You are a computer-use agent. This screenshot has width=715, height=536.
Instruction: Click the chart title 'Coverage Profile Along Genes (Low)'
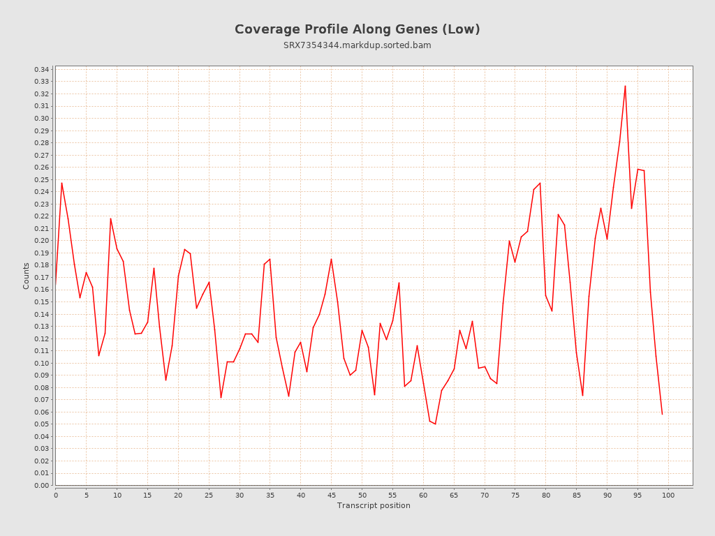tap(357, 29)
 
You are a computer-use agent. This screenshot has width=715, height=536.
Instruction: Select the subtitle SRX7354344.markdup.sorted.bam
tap(357, 45)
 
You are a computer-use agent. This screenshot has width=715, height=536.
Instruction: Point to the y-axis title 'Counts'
tap(27, 276)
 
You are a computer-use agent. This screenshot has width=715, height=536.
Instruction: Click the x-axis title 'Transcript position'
tap(374, 505)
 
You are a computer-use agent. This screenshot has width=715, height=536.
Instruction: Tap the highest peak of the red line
tap(625, 86)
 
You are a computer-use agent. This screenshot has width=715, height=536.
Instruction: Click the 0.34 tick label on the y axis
tap(42, 69)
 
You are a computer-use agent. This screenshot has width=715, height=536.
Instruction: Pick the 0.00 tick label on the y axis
tap(42, 485)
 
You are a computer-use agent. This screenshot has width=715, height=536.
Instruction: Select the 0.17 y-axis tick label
tap(42, 277)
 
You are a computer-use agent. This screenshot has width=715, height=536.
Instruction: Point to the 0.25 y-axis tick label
tap(42, 179)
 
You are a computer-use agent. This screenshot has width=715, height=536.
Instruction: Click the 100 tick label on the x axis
tap(668, 495)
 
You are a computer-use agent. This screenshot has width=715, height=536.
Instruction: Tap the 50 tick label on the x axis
tap(362, 495)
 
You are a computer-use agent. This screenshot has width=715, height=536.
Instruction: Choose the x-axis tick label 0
tap(56, 495)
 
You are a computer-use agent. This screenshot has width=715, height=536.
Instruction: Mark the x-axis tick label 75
tap(515, 495)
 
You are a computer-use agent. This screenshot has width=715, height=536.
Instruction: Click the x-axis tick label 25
tap(209, 495)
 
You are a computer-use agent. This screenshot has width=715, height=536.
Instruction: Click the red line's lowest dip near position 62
tap(435, 424)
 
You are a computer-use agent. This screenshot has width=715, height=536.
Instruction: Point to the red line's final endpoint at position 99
tap(662, 414)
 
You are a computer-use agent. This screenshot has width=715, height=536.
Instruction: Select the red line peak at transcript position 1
tap(61, 183)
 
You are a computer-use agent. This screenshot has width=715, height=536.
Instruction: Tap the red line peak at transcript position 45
tap(331, 259)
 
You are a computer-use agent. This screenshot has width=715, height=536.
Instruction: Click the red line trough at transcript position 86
tap(582, 396)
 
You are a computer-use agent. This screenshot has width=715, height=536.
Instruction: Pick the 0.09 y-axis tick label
tap(42, 375)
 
